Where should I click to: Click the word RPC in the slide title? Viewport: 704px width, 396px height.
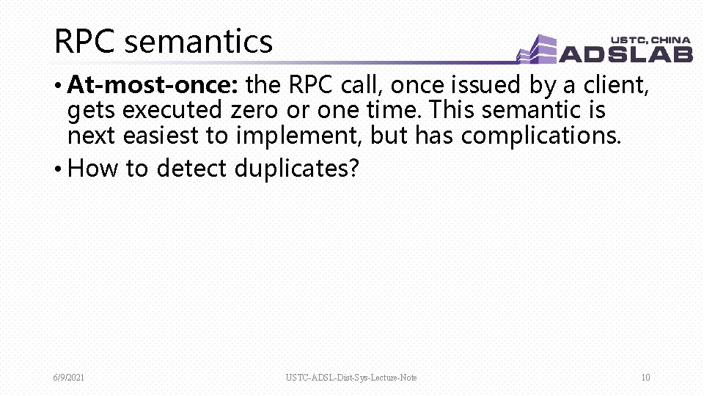[x=85, y=42]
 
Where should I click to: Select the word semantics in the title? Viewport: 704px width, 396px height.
[x=199, y=42]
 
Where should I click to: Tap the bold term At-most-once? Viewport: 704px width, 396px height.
[x=153, y=86]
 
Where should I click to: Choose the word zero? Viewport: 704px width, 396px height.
[x=254, y=111]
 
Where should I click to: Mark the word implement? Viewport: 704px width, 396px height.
[x=298, y=136]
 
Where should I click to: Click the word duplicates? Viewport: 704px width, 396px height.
[x=297, y=169]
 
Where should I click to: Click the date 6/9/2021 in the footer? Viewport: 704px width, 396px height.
[x=68, y=378]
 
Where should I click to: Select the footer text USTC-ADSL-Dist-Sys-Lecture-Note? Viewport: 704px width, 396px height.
[x=351, y=378]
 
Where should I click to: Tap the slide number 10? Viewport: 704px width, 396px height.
[x=645, y=378]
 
